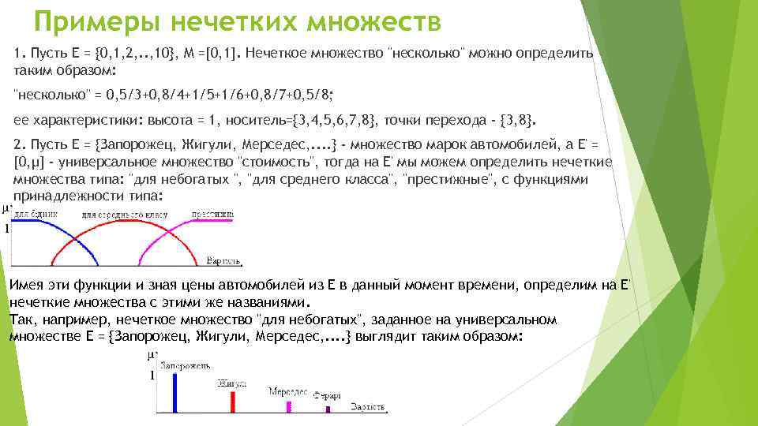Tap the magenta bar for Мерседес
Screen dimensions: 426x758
tap(289, 406)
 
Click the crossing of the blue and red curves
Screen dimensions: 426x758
tap(73, 237)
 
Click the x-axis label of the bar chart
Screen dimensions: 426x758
tap(367, 407)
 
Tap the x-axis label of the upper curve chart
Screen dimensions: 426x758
tap(223, 260)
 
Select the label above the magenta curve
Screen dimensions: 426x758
tap(212, 214)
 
